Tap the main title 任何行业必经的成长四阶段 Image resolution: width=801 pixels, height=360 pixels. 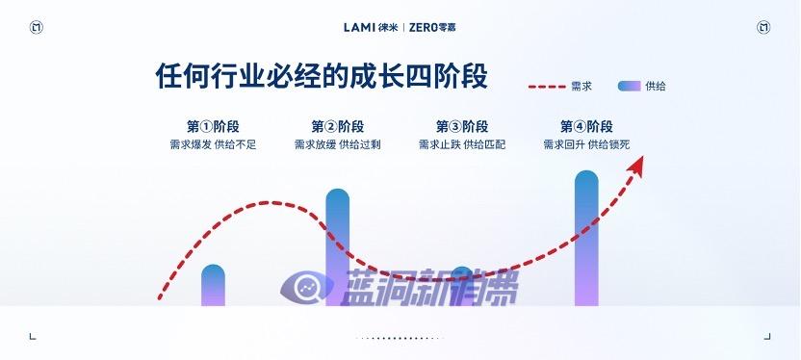click(x=322, y=77)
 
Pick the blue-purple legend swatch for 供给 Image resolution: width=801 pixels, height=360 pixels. click(x=629, y=87)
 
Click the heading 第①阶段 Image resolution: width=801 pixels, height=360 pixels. click(x=213, y=127)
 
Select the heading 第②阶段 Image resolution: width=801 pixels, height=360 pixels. click(x=337, y=127)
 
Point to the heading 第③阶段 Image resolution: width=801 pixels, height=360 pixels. click(x=461, y=127)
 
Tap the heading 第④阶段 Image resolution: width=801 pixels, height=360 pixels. click(x=585, y=127)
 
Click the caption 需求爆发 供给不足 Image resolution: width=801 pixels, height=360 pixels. click(x=213, y=145)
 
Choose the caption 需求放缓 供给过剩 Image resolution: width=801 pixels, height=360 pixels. click(x=337, y=145)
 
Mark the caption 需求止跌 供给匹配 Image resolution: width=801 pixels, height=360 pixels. click(x=461, y=145)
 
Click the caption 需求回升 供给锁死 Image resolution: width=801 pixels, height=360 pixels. click(x=585, y=145)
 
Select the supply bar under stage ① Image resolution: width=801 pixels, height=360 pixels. click(x=213, y=286)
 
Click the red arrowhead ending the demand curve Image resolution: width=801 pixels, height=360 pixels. click(x=636, y=166)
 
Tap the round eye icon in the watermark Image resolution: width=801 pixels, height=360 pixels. click(x=302, y=287)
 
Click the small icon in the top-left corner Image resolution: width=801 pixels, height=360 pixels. click(x=36, y=27)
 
